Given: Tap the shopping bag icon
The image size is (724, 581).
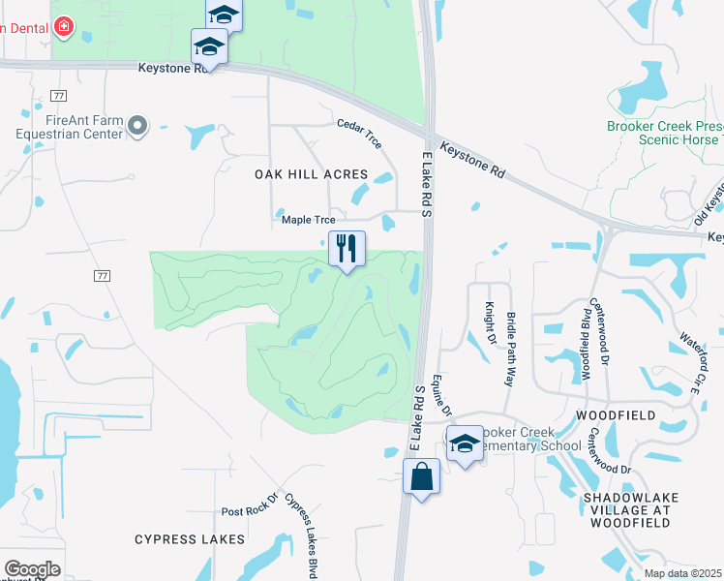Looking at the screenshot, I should pos(421,476).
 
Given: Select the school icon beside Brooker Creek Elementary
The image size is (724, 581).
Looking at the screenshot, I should pos(466,444).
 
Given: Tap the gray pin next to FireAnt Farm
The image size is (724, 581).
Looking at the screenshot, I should pos(137,125).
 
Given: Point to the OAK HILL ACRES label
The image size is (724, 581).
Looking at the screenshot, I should pos(311,174).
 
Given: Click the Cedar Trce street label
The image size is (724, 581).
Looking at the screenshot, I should pos(359,133).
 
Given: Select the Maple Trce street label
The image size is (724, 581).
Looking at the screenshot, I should pos(308,220).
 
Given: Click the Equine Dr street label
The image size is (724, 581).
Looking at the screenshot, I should pos(442,396).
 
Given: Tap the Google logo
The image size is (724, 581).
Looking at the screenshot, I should pos(32,568).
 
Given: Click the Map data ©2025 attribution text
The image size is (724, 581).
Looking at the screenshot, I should pos(683,573).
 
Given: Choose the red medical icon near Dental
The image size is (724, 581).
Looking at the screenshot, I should pos(64,27).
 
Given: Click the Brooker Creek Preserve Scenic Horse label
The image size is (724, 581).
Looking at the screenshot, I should pos(664,133).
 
